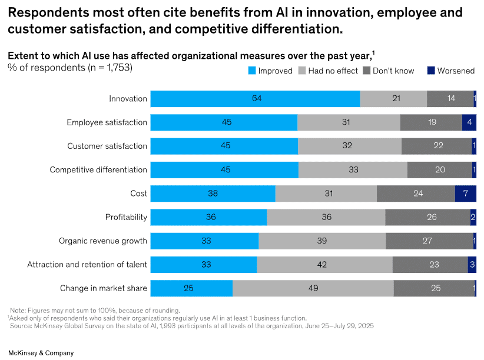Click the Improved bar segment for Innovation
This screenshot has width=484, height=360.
[x=255, y=99]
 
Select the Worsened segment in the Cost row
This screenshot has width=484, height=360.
[x=465, y=194]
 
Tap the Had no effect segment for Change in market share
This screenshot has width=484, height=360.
[x=313, y=288]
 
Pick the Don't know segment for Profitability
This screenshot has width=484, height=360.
[x=427, y=217]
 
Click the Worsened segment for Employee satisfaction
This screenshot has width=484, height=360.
[x=469, y=122]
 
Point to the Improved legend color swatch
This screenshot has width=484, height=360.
[x=252, y=71]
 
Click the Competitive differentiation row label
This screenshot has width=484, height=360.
[x=98, y=170]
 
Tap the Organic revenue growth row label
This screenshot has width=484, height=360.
[x=103, y=241]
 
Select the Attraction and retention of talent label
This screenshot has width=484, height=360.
[x=87, y=265]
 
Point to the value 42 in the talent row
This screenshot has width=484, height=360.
[x=321, y=265]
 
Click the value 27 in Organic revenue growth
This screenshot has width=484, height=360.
[x=427, y=241]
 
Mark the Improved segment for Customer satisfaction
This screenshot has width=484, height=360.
[x=224, y=146]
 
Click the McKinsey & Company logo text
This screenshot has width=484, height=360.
[x=41, y=353]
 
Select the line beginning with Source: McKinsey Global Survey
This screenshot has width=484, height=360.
[x=191, y=325]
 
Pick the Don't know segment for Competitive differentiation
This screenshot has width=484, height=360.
[x=439, y=170]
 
